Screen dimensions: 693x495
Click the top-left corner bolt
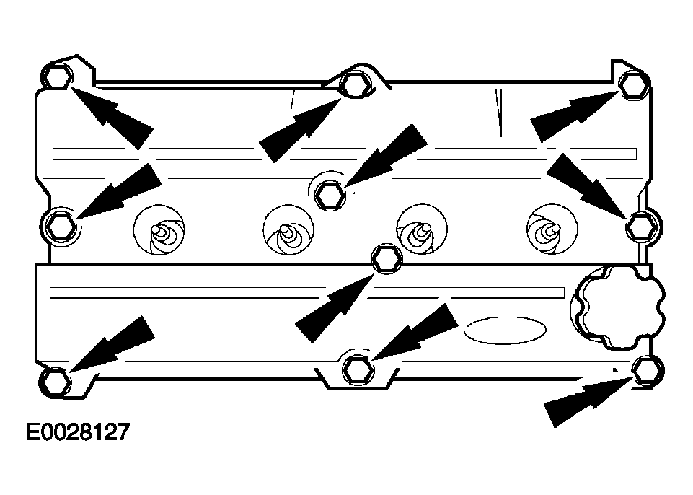58,76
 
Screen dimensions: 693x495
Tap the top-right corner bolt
633,85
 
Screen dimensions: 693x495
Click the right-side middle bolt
642,226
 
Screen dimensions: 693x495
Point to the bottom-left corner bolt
56,381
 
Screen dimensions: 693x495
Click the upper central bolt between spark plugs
330,195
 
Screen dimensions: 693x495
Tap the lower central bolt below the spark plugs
387,258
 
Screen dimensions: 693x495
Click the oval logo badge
506,330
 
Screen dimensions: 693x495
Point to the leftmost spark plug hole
159,229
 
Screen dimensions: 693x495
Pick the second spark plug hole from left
288,229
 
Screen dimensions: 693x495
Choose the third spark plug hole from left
422,229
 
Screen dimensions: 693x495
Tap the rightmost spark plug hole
552,229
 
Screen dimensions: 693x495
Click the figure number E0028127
78,432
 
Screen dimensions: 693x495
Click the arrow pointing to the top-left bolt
110,116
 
